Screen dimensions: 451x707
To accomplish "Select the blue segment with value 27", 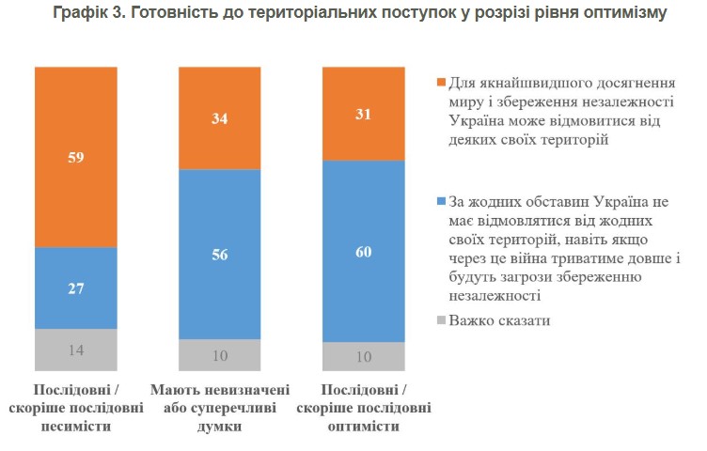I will coord(76,288).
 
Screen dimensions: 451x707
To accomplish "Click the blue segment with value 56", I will coord(220,254).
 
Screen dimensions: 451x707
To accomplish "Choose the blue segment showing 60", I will coord(364,251).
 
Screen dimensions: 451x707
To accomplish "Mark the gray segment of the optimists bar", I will coord(364,355).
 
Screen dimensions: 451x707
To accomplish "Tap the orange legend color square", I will coord(440,81).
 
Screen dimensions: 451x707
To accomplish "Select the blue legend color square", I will coord(440,201).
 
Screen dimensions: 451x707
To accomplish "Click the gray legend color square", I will coord(440,321).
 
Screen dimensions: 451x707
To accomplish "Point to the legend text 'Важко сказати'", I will coord(499,321).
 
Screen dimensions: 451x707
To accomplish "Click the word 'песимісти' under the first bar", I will coord(76,426).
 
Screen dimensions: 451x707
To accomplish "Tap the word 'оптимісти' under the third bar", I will coord(364,426).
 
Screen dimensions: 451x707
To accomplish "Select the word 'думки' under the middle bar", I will coord(220,426).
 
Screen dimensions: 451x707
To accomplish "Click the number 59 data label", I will coord(76,157).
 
